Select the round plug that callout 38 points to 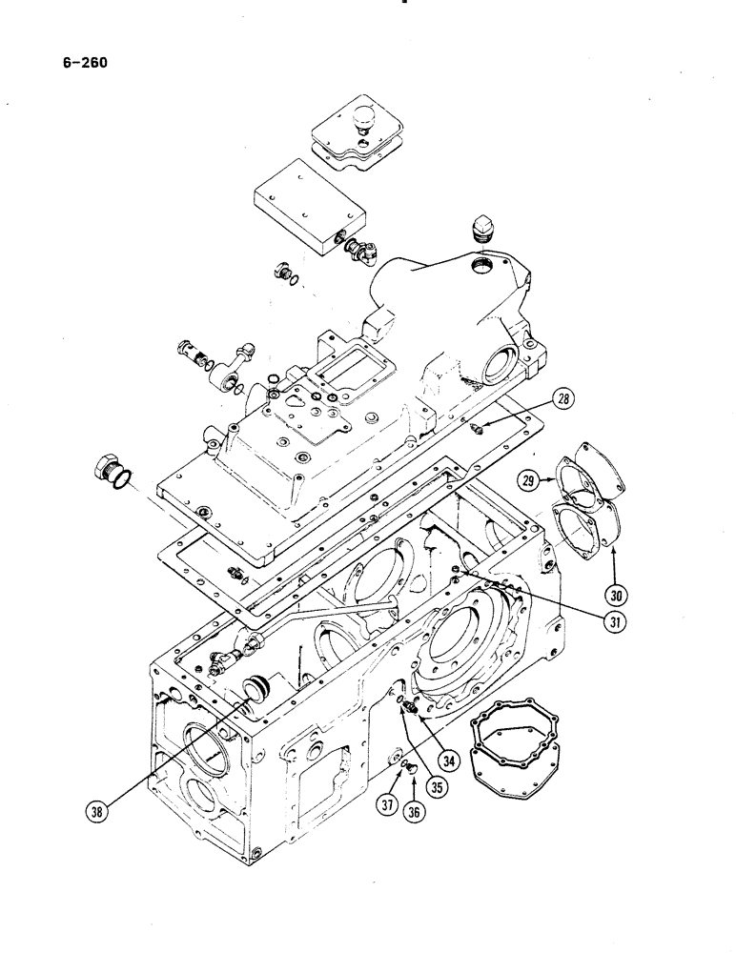[258, 688]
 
